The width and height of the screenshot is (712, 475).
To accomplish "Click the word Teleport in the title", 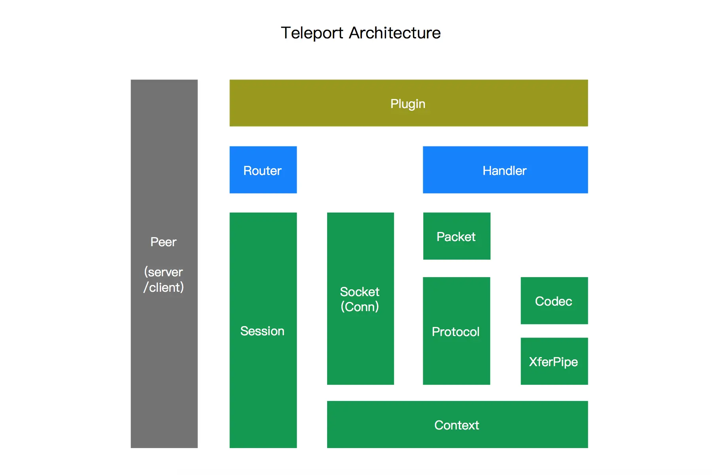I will (312, 33).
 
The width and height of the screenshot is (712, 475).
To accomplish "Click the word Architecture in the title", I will (394, 33).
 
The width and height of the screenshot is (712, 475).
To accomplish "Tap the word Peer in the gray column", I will (163, 242).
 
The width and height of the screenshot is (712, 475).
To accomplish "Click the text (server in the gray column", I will (163, 272).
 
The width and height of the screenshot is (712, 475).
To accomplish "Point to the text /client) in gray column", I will (163, 287).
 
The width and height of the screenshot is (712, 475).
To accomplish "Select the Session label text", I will (262, 331).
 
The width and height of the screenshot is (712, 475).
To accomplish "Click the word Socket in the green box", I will (360, 292).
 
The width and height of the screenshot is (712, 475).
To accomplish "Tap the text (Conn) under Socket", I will (360, 307).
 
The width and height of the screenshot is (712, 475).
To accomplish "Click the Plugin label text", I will (408, 104).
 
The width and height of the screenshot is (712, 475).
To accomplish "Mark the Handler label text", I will (504, 171).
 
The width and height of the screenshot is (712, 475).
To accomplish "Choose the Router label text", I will (262, 171).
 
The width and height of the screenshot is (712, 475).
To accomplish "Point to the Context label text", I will (456, 425).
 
